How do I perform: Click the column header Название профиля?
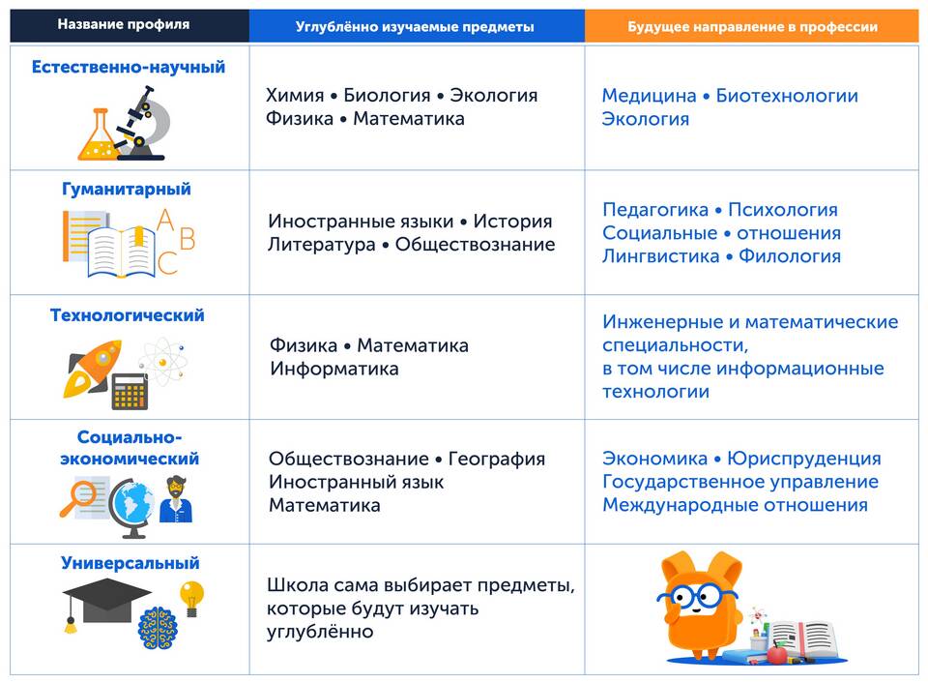124,25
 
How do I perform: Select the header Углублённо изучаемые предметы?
415,27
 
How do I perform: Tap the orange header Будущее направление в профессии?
752,27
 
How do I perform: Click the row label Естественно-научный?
129,67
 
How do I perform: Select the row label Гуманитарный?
127,189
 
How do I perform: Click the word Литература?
321,244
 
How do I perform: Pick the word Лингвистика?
661,256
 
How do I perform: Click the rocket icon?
93,368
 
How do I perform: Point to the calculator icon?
130,392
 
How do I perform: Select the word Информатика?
334,369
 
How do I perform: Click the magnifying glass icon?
78,498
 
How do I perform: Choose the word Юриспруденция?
804,458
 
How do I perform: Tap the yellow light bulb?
191,598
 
